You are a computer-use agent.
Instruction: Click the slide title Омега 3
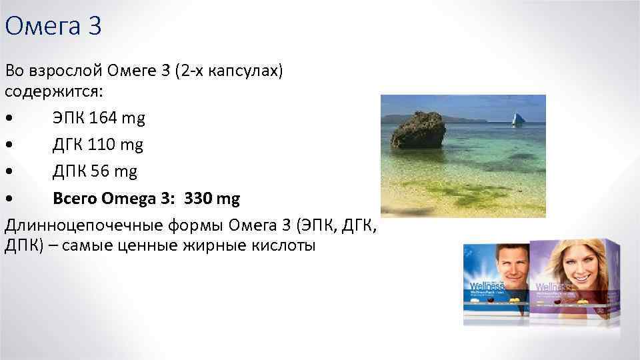click(x=53, y=27)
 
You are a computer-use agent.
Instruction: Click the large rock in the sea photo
click(x=417, y=130)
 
